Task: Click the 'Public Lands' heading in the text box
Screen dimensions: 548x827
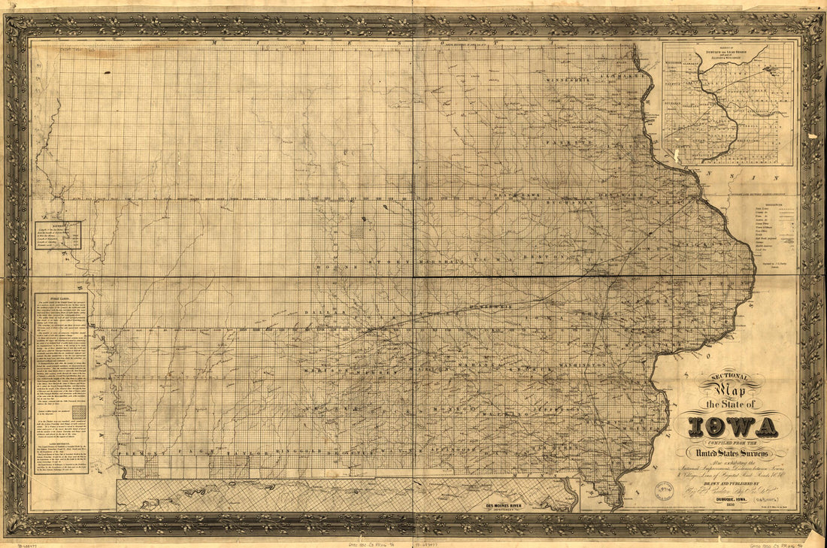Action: [60, 298]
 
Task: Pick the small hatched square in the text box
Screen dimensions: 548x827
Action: [78, 413]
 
